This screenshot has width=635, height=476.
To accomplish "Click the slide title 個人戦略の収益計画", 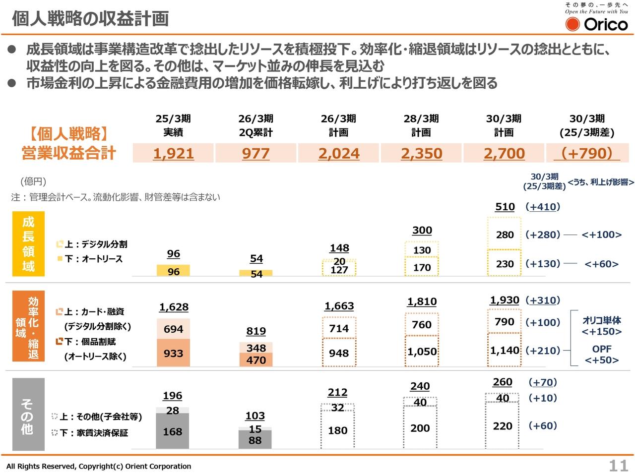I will pyautogui.click(x=90, y=18).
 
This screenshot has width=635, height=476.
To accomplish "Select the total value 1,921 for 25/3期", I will pyautogui.click(x=173, y=153).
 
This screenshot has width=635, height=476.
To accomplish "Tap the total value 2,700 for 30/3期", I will pyautogui.click(x=504, y=153).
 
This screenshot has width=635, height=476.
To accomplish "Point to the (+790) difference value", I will pyautogui.click(x=586, y=153).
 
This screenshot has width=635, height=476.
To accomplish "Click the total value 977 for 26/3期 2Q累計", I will pyautogui.click(x=256, y=153).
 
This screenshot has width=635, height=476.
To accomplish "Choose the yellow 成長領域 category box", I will pyautogui.click(x=28, y=244).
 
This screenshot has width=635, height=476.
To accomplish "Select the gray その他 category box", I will pyautogui.click(x=28, y=414).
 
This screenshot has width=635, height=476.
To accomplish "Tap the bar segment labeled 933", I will pyautogui.click(x=173, y=353).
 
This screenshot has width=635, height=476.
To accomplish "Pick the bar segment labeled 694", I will pyautogui.click(x=173, y=329).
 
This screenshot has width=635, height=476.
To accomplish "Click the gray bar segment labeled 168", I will pyautogui.click(x=173, y=431).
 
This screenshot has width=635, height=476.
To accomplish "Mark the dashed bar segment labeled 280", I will pyautogui.click(x=505, y=235).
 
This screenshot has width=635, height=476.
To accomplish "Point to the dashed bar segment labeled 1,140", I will pyautogui.click(x=505, y=351).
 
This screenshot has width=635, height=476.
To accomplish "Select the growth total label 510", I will pyautogui.click(x=505, y=207).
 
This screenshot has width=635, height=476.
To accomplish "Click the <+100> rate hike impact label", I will pyautogui.click(x=601, y=235).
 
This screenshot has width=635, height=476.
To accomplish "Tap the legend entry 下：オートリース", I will pyautogui.click(x=93, y=259).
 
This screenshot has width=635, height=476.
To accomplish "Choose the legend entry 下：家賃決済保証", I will pyautogui.click(x=93, y=433).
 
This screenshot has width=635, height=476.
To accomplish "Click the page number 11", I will pyautogui.click(x=618, y=466).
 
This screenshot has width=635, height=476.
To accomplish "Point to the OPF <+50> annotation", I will pyautogui.click(x=601, y=355).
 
